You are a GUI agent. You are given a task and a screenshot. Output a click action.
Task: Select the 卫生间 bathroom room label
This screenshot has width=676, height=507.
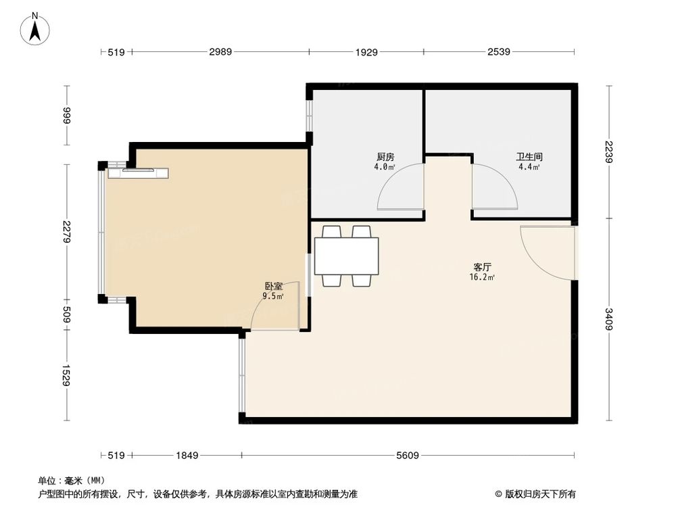click(x=529, y=157)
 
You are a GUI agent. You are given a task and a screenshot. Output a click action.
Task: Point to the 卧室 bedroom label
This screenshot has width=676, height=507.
click(x=273, y=286)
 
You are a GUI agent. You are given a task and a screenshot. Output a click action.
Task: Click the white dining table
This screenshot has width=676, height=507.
click(x=347, y=255)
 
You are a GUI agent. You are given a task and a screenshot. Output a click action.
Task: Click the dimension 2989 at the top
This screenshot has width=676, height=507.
click(x=220, y=51)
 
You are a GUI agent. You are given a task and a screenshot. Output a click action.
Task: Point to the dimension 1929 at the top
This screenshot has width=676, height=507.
click(x=366, y=51)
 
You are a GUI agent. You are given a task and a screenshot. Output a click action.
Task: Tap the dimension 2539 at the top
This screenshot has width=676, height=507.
click(x=497, y=51)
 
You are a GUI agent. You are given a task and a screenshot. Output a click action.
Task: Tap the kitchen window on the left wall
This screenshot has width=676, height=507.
click(x=309, y=115)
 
